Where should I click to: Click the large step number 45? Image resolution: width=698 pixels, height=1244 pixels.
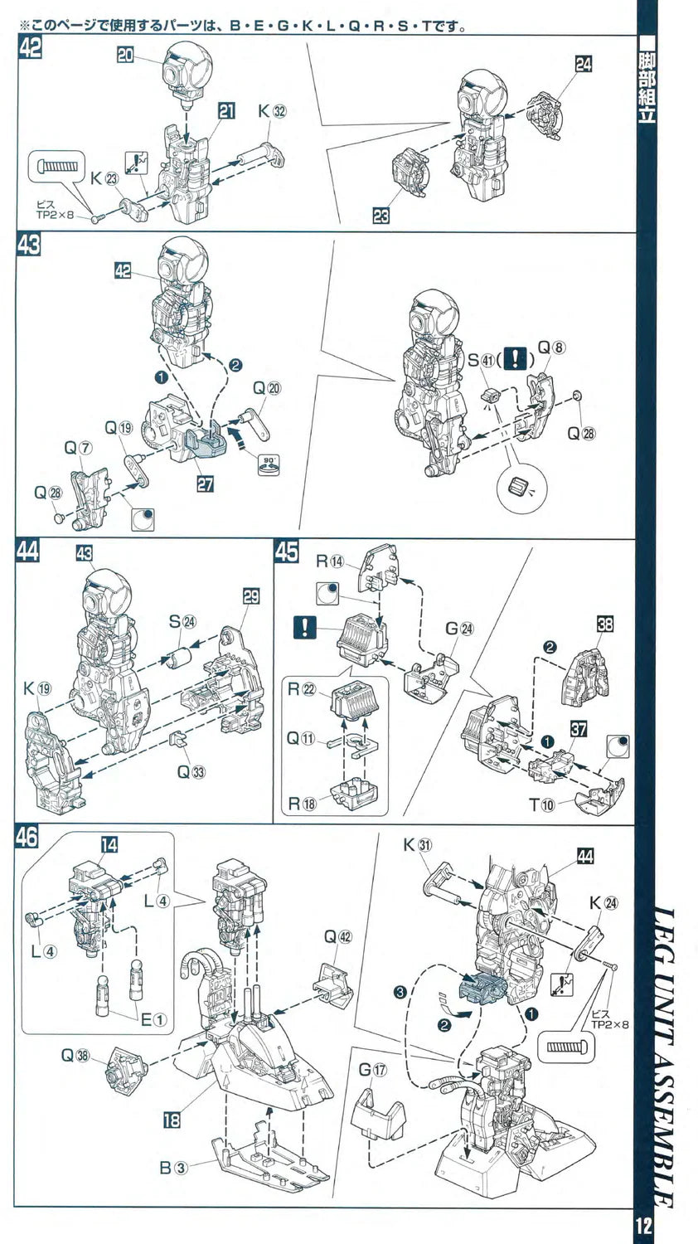[x=286, y=552]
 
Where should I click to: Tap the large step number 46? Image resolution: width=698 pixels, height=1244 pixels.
[x=27, y=837]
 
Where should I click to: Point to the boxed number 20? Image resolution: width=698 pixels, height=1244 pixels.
[x=125, y=55]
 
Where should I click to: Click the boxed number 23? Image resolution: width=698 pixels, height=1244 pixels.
[x=381, y=216]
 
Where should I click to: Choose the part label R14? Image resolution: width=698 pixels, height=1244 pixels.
[x=328, y=560]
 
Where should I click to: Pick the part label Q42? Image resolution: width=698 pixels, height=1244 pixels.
[x=337, y=936]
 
